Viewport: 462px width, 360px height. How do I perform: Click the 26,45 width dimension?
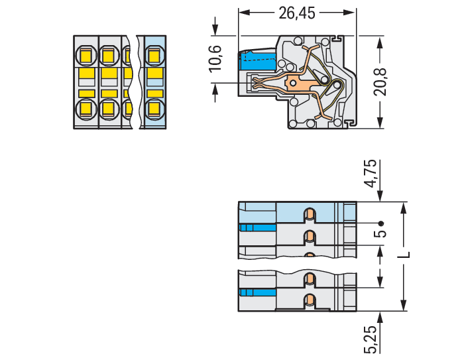click(298, 13)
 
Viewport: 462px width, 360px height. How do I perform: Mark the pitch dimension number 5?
click(380, 233)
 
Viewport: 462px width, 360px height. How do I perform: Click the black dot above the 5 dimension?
click(380, 223)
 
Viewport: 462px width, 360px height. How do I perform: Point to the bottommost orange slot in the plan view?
click(309, 301)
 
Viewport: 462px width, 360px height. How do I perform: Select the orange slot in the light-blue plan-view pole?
click(309, 214)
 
